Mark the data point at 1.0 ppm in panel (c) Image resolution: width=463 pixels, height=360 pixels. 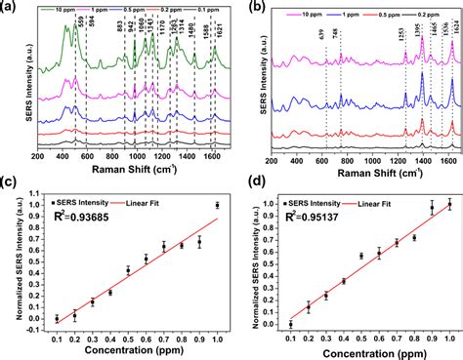click(217, 206)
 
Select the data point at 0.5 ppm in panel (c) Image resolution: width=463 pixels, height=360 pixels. click(128, 270)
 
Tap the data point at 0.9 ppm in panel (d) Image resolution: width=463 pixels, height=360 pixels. click(432, 207)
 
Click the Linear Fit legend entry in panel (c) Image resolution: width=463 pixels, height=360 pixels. click(161, 201)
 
